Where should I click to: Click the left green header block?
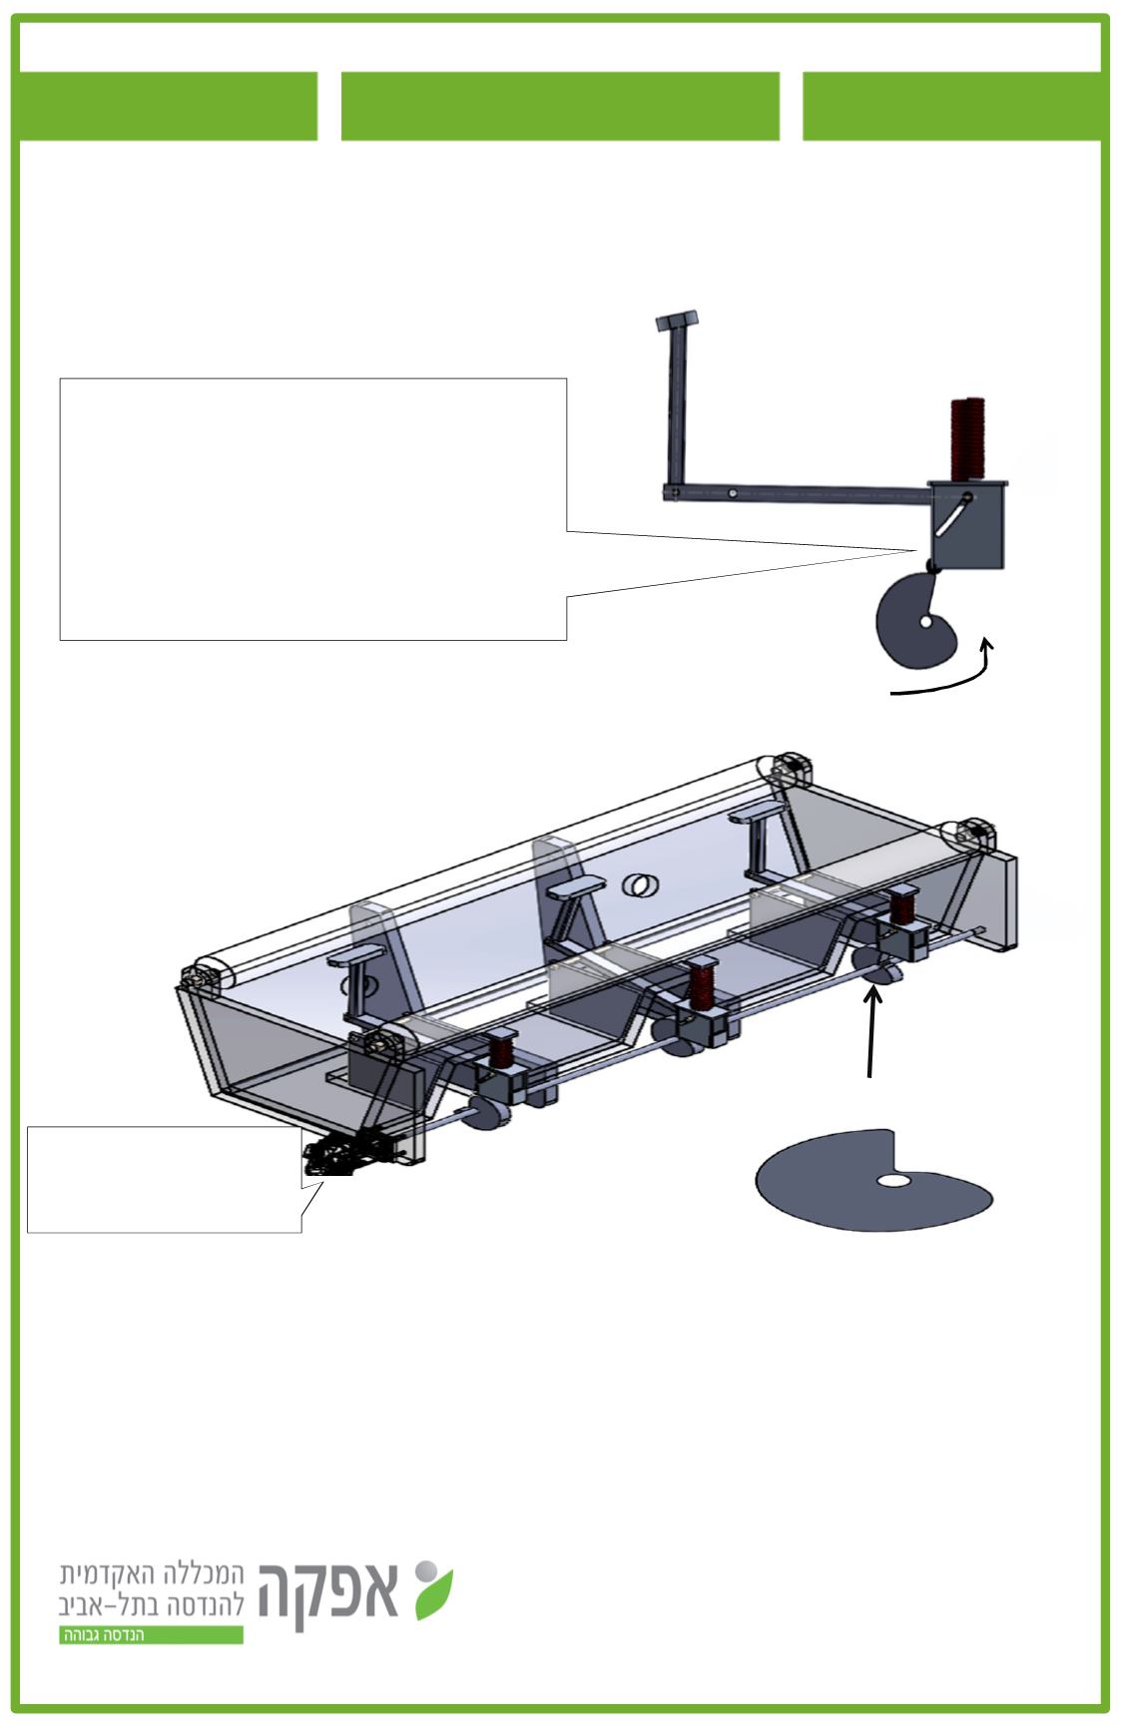[x=167, y=106]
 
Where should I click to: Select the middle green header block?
[x=560, y=106]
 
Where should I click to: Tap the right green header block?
[x=953, y=106]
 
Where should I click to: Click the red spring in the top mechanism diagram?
[x=965, y=439]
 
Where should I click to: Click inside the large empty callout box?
[x=312, y=508]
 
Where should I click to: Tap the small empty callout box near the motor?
[x=164, y=1179]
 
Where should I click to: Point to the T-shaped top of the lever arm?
[x=677, y=321]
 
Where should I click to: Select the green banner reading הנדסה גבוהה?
[x=151, y=1635]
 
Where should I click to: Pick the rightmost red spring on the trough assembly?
[x=903, y=907]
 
